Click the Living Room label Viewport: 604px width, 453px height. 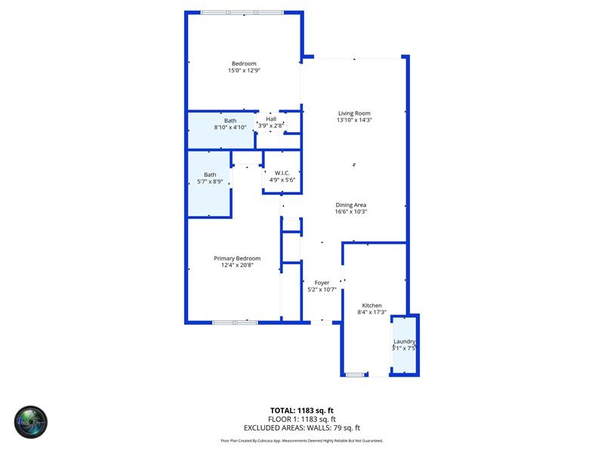(x=354, y=113)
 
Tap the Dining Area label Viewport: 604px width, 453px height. (x=351, y=205)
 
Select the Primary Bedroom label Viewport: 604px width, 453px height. (x=236, y=258)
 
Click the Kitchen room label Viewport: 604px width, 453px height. (x=371, y=306)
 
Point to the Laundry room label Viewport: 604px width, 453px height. (x=404, y=341)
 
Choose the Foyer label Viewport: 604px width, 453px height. (x=322, y=283)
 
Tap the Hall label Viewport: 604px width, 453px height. (x=270, y=119)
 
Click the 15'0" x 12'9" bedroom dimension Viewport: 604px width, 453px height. (x=244, y=71)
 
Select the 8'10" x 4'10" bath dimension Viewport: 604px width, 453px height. (x=230, y=128)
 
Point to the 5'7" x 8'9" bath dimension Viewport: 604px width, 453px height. (x=209, y=181)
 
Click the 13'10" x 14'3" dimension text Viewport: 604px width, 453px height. (x=354, y=120)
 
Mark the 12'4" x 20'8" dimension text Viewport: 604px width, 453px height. (x=236, y=265)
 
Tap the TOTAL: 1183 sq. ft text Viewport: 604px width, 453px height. (x=302, y=411)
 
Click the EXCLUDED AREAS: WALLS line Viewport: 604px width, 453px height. (x=302, y=427)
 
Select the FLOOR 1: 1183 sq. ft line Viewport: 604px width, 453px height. (x=302, y=419)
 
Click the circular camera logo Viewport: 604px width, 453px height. (x=31, y=423)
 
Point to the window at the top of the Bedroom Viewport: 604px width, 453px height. (x=242, y=12)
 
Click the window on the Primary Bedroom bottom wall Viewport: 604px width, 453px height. (x=235, y=322)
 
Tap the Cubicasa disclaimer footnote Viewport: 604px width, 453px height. (x=302, y=440)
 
